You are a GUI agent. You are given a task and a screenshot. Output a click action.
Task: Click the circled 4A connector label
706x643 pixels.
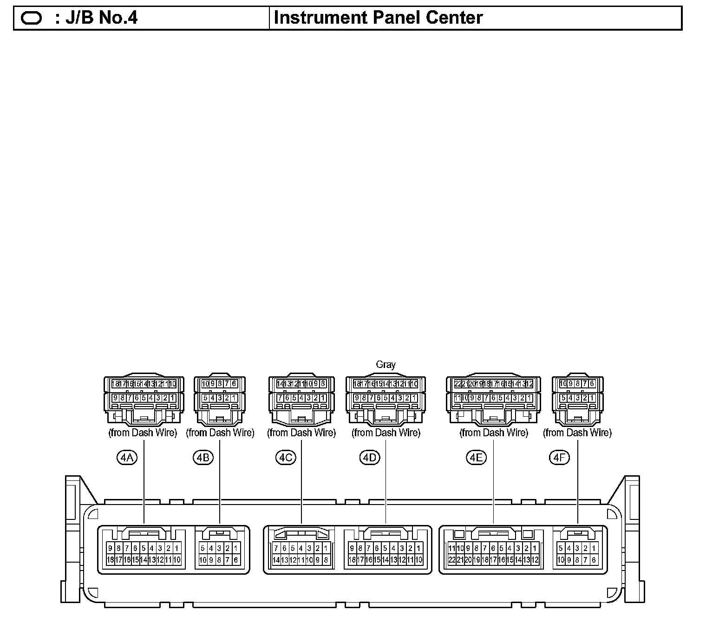(127, 458)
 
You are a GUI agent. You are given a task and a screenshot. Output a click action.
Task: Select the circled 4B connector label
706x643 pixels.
(203, 458)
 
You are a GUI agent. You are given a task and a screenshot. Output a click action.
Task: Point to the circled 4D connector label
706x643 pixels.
(370, 458)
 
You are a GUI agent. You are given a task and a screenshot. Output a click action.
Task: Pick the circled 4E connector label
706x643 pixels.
(476, 458)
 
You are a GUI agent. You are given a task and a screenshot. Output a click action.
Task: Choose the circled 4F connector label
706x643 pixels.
(559, 458)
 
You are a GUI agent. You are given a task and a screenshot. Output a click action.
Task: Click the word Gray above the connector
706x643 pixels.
(386, 365)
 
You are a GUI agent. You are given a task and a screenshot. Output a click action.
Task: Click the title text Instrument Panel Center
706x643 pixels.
(378, 18)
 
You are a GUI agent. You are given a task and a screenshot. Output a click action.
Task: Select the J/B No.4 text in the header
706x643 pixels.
(96, 18)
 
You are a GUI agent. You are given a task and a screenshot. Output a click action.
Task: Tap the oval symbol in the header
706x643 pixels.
(32, 18)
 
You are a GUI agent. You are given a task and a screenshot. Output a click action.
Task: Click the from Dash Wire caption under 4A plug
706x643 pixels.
(143, 433)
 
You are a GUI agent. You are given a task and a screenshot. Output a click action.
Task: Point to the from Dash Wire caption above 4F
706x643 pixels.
(577, 433)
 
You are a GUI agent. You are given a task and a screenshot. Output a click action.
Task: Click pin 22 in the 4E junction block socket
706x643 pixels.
(452, 560)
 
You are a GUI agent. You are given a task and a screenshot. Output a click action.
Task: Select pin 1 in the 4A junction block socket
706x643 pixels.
(176, 548)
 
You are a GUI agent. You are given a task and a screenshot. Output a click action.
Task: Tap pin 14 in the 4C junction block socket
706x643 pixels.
(276, 560)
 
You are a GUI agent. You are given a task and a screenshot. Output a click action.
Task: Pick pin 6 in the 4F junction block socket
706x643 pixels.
(594, 560)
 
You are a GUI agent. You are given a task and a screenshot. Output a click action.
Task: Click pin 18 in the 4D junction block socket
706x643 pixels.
(352, 560)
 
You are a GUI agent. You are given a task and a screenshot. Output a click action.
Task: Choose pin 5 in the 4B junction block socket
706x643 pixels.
(203, 548)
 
